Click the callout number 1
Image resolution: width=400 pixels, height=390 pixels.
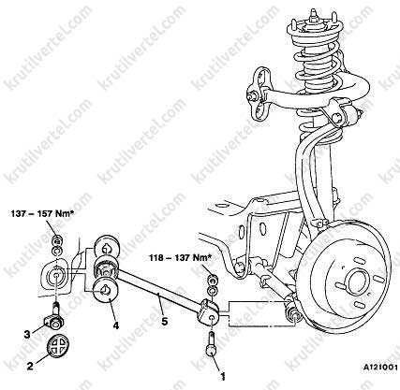click(x=223, y=376)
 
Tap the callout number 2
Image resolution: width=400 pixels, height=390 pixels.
click(x=30, y=366)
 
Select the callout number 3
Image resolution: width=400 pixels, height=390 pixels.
click(x=27, y=334)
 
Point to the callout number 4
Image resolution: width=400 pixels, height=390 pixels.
click(x=116, y=325)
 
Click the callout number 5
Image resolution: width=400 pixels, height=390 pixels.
click(x=165, y=321)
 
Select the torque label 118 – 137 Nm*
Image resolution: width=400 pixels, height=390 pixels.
click(x=180, y=258)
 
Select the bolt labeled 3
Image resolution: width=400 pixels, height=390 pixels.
click(x=55, y=316)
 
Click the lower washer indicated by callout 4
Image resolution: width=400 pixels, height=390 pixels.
click(x=106, y=291)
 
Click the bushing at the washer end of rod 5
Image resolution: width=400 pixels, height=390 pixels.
click(x=106, y=268)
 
